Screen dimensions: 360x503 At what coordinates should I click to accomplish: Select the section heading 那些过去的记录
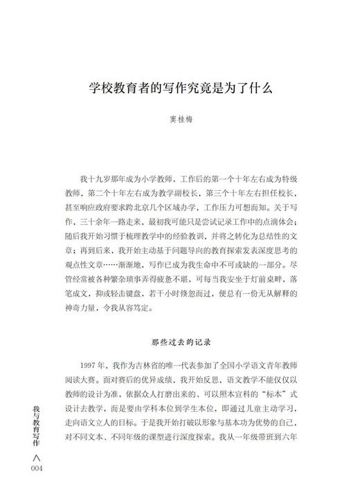coord(182,341)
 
